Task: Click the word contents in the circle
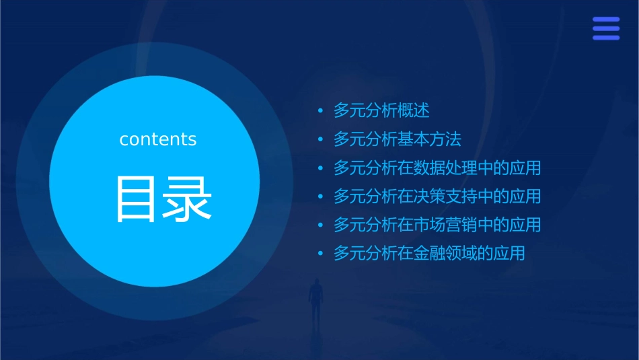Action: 158,139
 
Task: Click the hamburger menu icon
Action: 605,28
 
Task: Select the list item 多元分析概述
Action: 381,110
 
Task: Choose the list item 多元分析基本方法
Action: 398,139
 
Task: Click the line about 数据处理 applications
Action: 437,168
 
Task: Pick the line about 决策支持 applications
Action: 437,196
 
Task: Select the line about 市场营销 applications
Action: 437,225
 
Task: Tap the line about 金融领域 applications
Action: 429,254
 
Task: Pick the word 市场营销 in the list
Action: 445,225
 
